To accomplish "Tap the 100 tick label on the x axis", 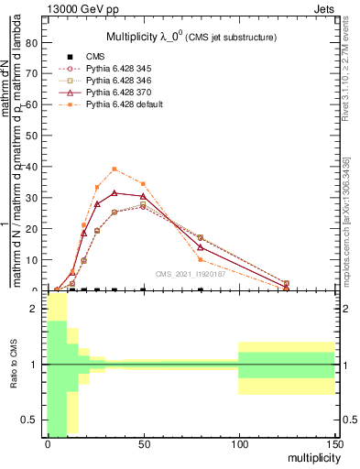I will [x=238, y=443].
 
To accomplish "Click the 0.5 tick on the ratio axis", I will [x=30, y=420].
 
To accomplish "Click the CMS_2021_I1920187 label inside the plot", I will [x=192, y=274].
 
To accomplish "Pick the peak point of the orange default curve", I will [x=114, y=169].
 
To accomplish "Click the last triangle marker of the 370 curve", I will [x=287, y=288].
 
